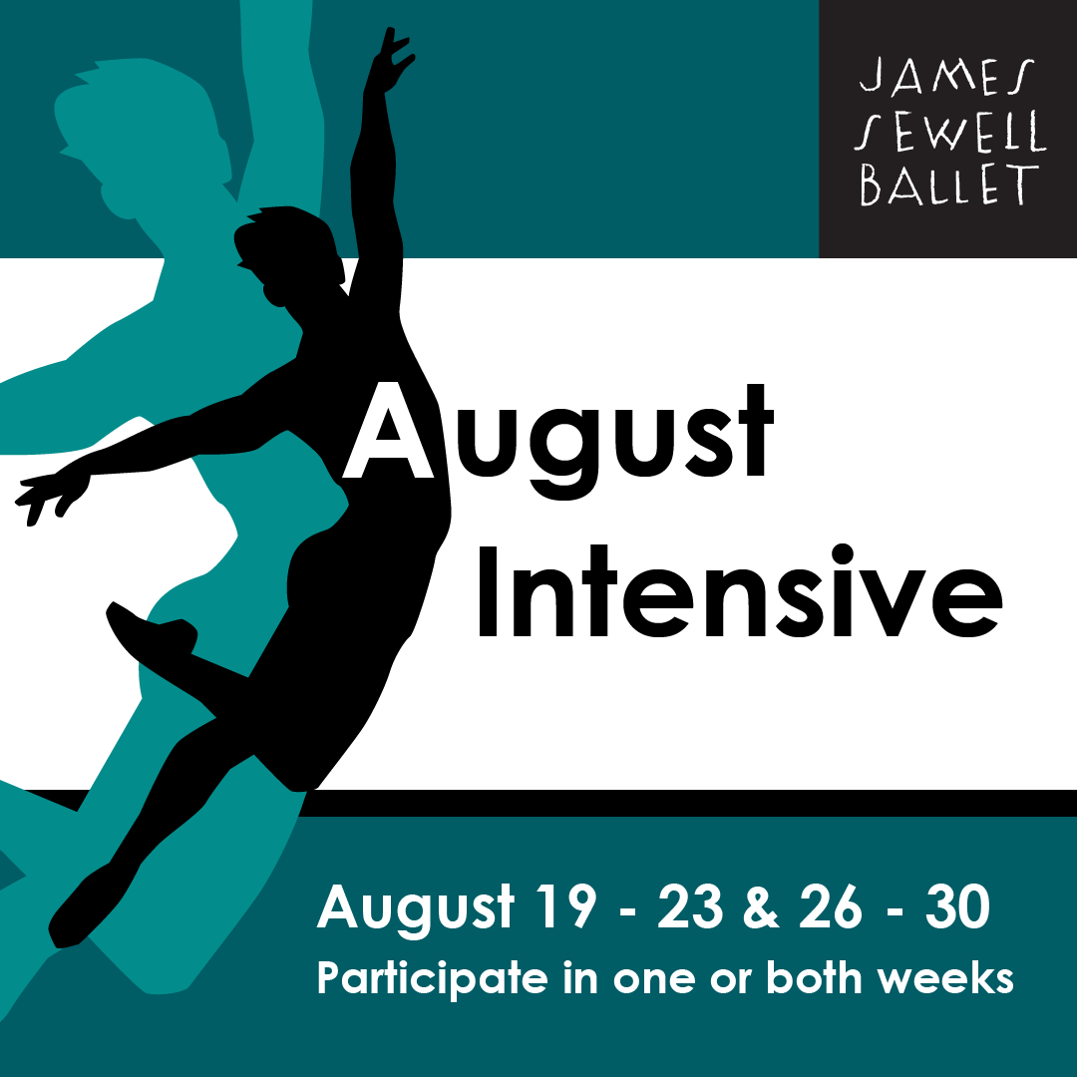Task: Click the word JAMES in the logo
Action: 946,76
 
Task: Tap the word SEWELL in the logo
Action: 950,132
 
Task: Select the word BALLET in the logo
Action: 949,184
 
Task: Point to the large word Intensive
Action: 740,591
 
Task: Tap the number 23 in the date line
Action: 690,905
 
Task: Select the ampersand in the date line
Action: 761,905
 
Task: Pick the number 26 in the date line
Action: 830,905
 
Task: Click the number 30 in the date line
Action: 957,905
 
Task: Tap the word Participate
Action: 432,978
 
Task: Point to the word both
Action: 814,977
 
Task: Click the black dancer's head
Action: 288,250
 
